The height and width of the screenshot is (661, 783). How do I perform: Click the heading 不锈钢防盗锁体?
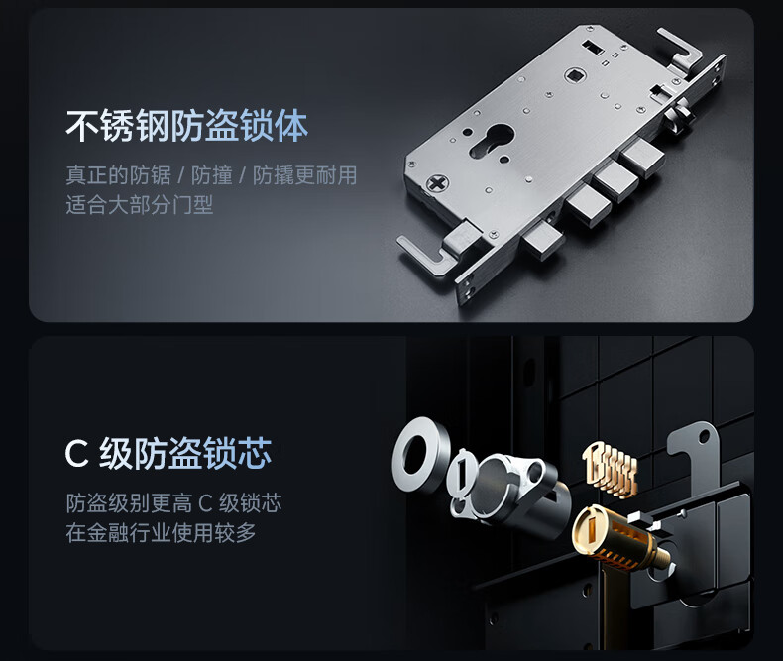[x=186, y=126]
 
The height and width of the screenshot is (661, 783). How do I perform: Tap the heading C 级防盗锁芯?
[x=168, y=453]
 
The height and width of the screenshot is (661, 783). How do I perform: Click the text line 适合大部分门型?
[x=140, y=205]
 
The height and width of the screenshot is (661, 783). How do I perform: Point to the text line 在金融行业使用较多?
[x=161, y=533]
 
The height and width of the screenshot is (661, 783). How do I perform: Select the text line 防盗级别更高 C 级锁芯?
[x=173, y=503]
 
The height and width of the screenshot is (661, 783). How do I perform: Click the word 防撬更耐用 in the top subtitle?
[x=304, y=175]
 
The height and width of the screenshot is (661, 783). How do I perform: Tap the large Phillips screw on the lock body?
[x=437, y=183]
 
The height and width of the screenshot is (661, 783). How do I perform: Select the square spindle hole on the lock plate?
[x=575, y=77]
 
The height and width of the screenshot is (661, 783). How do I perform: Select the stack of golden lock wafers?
[x=611, y=469]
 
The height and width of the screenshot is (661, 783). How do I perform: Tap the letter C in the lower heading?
[x=76, y=454]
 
